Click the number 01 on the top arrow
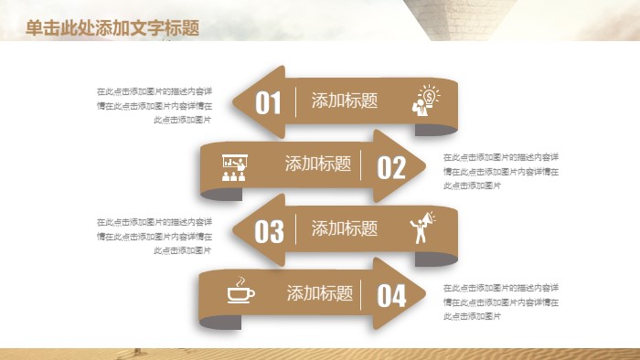(x=268, y=102)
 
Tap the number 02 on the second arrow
(x=390, y=167)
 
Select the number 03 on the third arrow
(x=269, y=231)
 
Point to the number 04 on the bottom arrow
(x=391, y=296)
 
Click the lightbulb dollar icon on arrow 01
(x=427, y=100)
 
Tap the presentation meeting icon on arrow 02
(x=235, y=165)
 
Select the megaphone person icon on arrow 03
(x=423, y=228)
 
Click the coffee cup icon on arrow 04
(x=240, y=291)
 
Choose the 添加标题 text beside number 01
(x=345, y=101)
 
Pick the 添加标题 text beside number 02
(x=318, y=164)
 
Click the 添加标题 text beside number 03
(x=345, y=228)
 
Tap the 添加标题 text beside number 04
(x=320, y=293)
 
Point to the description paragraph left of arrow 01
(x=155, y=105)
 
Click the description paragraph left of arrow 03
(x=155, y=236)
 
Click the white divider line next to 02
(x=361, y=165)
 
